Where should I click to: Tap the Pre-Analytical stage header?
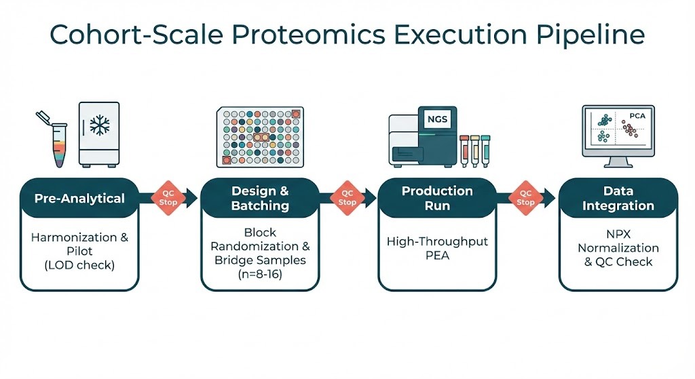[79, 199]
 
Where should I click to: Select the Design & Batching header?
[260, 198]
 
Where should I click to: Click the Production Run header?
[436, 198]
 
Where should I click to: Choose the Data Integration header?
[618, 198]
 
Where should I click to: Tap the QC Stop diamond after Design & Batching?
[347, 197]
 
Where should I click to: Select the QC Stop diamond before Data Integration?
[525, 197]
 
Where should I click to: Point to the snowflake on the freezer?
[100, 126]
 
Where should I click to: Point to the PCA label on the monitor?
[637, 116]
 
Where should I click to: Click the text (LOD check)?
[80, 265]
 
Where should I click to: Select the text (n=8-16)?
[260, 275]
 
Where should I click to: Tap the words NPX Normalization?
[618, 241]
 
